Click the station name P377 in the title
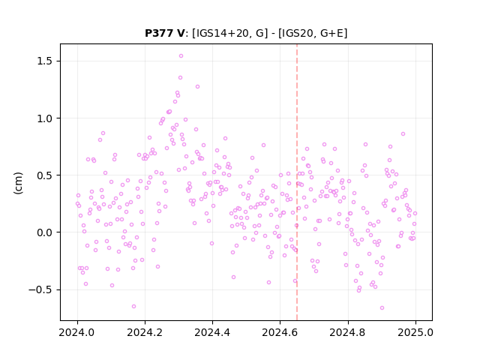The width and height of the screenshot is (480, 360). [160, 33]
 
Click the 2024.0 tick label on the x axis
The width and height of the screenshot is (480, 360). [77, 332]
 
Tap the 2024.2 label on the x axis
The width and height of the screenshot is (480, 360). [145, 332]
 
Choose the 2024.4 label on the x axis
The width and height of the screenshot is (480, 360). [212, 332]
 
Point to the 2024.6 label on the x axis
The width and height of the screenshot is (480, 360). [280, 332]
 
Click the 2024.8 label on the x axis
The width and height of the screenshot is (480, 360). [348, 332]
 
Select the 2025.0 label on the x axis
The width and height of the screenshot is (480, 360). [415, 332]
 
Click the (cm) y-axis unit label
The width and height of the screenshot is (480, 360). [18, 183]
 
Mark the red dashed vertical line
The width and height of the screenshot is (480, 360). [297, 182]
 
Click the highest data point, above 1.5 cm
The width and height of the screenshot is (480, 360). [181, 56]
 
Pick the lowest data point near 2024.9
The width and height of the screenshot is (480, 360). [382, 308]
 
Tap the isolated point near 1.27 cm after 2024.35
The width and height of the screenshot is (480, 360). [197, 87]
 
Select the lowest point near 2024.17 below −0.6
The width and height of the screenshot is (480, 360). [133, 307]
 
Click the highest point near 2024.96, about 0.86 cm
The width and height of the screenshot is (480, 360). [403, 134]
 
